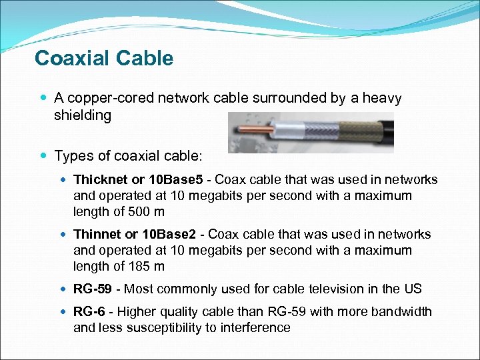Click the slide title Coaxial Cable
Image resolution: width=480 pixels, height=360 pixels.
103,59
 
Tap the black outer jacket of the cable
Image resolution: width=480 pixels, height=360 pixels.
377,134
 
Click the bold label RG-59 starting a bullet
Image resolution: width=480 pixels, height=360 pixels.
92,289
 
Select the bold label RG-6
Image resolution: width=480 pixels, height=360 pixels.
89,312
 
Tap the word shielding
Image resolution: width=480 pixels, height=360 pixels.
82,115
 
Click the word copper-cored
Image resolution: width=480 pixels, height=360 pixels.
110,99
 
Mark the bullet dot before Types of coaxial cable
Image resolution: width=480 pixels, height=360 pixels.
43,156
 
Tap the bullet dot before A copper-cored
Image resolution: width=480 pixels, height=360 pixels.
43,99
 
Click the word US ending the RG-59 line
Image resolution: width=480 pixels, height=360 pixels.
412,289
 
